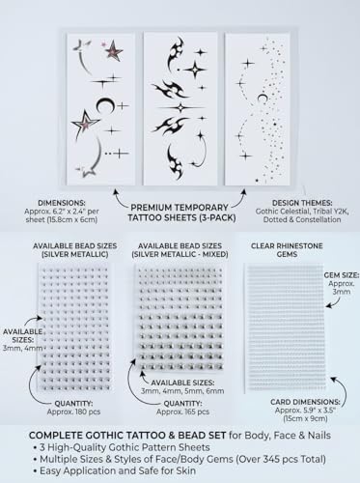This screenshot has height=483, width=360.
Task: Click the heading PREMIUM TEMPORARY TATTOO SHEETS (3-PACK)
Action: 181,213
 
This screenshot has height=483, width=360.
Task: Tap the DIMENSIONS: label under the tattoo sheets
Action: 62,203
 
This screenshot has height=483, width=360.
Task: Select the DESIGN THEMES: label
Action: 302,203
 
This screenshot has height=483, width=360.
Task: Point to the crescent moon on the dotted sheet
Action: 262,98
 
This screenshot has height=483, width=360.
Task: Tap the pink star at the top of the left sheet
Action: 114,50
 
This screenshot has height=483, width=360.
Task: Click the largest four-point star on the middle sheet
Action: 195,70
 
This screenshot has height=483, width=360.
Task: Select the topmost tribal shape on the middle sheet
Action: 176,53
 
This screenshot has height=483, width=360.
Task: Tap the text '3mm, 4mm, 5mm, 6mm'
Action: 182,391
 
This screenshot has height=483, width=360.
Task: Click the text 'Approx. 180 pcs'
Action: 73,412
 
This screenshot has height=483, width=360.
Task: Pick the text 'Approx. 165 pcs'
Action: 182,412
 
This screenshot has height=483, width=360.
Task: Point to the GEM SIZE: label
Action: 342,275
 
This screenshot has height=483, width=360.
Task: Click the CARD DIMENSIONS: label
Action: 305,402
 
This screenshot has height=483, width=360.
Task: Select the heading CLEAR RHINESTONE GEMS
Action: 287,250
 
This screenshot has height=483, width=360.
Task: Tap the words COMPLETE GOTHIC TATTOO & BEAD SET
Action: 127,436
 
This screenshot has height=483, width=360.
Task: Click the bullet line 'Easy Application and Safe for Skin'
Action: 118,470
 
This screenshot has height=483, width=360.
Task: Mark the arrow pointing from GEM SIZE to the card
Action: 335,302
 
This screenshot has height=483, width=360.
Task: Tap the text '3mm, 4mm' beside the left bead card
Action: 23,348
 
